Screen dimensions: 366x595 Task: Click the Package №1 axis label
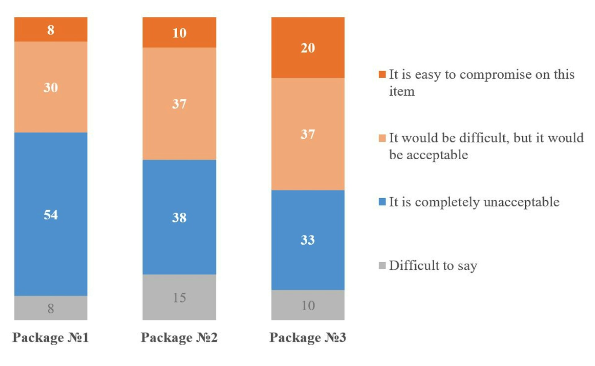tap(51, 337)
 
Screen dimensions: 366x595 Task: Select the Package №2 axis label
tap(179, 337)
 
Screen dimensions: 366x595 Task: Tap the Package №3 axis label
tap(308, 337)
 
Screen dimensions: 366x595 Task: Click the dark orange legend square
tap(382, 74)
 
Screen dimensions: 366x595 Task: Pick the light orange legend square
tap(382, 138)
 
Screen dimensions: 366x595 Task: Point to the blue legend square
tap(382, 202)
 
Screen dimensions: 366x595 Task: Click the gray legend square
tap(382, 265)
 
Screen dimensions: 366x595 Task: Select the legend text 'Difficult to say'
tap(433, 265)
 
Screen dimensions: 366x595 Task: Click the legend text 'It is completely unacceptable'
tap(474, 202)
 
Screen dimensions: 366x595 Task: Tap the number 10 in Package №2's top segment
tap(179, 33)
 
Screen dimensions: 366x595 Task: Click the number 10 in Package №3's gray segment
tap(308, 306)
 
